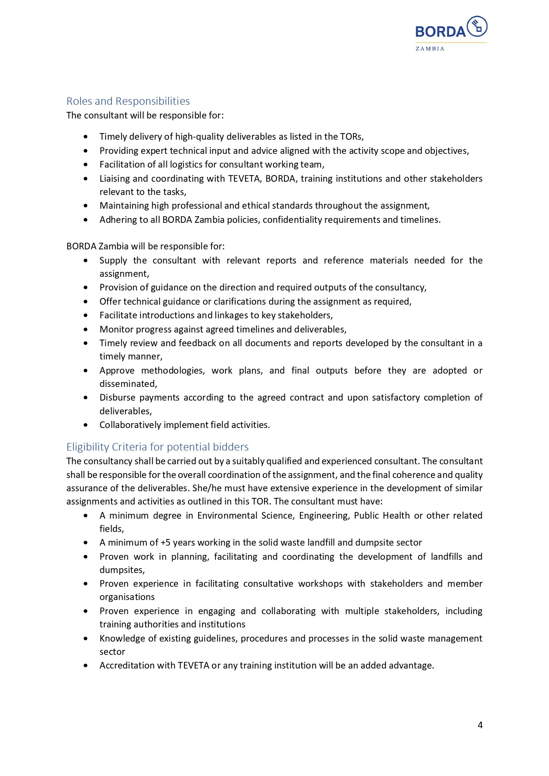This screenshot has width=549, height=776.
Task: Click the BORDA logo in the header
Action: (451, 28)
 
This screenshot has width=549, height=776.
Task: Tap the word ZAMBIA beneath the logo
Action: (430, 49)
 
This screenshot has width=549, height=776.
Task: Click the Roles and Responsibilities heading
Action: (128, 101)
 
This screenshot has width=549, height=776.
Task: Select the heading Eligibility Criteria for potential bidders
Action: (157, 447)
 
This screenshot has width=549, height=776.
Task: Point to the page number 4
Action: (480, 725)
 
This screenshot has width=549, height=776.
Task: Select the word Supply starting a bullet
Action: (113, 260)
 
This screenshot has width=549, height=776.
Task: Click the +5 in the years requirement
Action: (165, 543)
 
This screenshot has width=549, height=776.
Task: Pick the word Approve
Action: (117, 371)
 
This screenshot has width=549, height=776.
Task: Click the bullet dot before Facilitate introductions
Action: (86, 315)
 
